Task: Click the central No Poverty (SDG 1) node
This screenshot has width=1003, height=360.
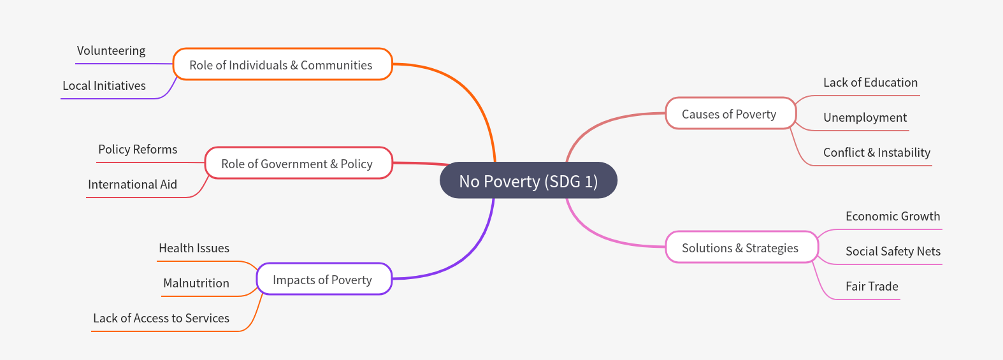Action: coord(528,181)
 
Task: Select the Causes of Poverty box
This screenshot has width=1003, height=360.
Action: coord(730,114)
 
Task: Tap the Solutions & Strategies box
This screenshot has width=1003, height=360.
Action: coord(741,248)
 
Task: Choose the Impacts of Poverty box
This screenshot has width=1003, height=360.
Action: coord(324,280)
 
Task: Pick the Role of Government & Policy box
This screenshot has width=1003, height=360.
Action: coord(298,164)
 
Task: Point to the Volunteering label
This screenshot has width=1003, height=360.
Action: coord(112,51)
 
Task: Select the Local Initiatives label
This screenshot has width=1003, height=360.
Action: coord(105,86)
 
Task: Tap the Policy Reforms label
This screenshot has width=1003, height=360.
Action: coord(138,150)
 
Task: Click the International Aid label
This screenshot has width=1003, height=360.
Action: coord(133,185)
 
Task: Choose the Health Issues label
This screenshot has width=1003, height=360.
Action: coord(194,248)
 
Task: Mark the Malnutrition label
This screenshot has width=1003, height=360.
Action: coord(196,284)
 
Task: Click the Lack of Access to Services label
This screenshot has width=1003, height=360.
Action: coord(161,319)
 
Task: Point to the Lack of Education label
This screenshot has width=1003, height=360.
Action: coord(870,83)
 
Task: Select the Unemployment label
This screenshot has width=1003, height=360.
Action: coord(865,118)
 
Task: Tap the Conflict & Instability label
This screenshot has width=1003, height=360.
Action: coord(877,153)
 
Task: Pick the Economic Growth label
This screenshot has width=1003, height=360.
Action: coord(893,217)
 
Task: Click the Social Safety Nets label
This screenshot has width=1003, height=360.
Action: coord(893,252)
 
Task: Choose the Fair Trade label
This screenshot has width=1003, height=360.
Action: coord(872,287)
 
